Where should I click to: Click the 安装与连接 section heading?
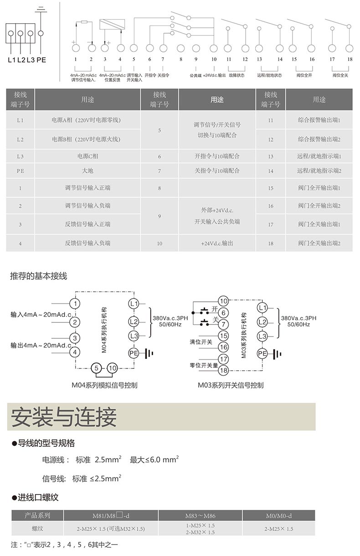click(x=64, y=417)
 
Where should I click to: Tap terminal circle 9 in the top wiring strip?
click(x=196, y=48)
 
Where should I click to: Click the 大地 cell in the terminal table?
click(x=87, y=171)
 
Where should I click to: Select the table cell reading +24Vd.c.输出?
click(x=217, y=244)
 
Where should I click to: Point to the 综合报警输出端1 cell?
click(x=319, y=120)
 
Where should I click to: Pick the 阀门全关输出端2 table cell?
click(x=319, y=244)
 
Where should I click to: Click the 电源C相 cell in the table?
click(x=87, y=156)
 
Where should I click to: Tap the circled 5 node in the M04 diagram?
click(x=96, y=368)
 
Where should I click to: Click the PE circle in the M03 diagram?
click(x=262, y=353)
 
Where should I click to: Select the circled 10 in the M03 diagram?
click(x=223, y=301)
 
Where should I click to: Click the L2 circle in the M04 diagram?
click(x=134, y=321)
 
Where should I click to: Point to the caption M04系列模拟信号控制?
click(x=104, y=385)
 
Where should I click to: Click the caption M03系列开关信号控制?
click(x=231, y=385)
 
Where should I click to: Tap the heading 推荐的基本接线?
click(x=38, y=276)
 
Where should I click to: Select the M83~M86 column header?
click(x=200, y=516)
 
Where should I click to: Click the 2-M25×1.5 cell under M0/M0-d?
click(x=278, y=529)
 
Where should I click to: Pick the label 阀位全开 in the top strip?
click(x=304, y=75)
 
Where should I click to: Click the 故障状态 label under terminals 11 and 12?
click(x=237, y=75)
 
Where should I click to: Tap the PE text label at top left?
click(x=41, y=60)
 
